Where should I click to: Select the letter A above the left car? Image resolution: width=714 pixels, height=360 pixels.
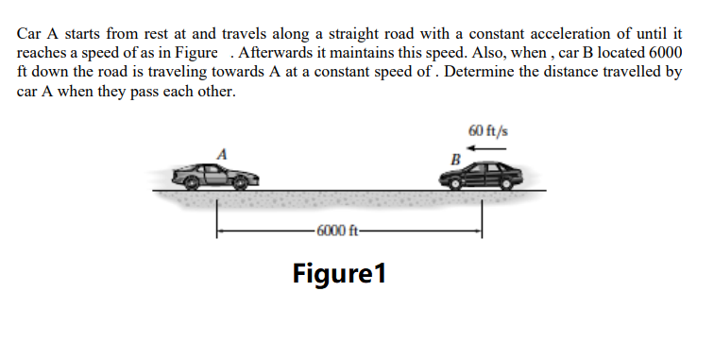224,152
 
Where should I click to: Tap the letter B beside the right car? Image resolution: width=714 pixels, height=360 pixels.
456,157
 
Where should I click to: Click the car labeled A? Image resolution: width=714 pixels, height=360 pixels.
215,175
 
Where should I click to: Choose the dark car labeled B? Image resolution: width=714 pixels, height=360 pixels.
482,173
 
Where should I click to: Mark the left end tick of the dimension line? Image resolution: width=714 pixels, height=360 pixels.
218,227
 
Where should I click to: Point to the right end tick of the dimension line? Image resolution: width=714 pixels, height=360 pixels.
483,227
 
